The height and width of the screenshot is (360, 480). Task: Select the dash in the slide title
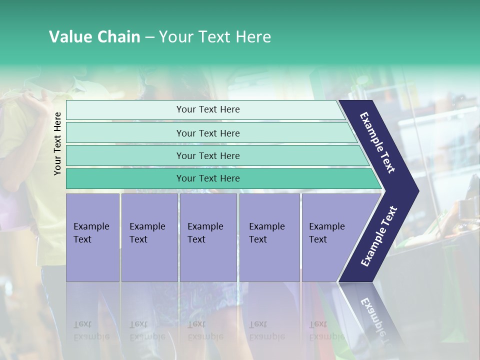click(149, 37)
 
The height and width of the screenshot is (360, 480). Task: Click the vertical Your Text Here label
click(57, 143)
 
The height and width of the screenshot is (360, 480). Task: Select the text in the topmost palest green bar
click(208, 109)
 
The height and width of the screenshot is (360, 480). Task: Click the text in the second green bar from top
click(208, 133)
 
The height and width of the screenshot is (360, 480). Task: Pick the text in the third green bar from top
click(208, 156)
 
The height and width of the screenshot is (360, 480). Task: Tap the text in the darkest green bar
click(208, 178)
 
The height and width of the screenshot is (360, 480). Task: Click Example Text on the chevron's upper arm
click(377, 142)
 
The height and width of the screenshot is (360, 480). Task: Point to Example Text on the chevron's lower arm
click(379, 236)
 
